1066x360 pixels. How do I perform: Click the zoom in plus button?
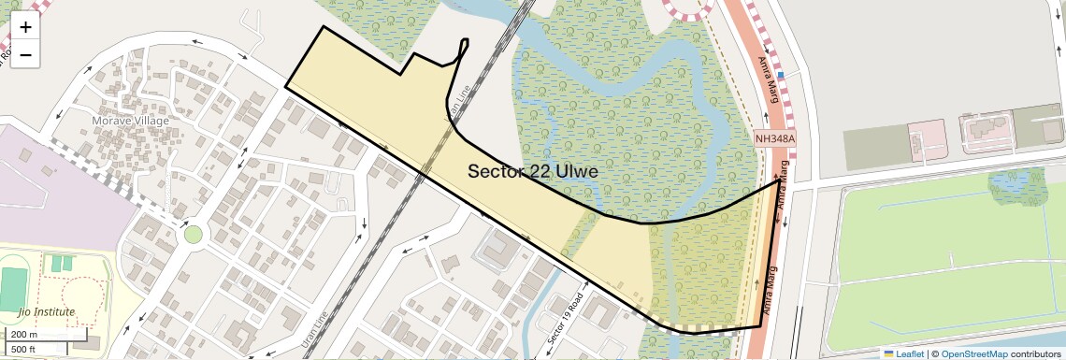[x=25, y=27]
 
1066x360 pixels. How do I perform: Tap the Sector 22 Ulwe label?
[x=532, y=172]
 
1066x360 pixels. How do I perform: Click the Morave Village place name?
[x=131, y=121]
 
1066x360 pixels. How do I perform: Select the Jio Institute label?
[x=46, y=310]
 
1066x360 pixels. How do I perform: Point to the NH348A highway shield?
[x=775, y=139]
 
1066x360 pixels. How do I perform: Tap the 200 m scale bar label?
[x=24, y=334]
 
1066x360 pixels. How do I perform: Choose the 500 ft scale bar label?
[x=23, y=350]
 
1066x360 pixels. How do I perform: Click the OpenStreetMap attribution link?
[x=974, y=353]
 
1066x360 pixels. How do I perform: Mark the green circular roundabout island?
[x=194, y=234]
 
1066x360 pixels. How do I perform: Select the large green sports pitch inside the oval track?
[x=13, y=289]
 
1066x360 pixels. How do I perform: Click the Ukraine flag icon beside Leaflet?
[x=888, y=353]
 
